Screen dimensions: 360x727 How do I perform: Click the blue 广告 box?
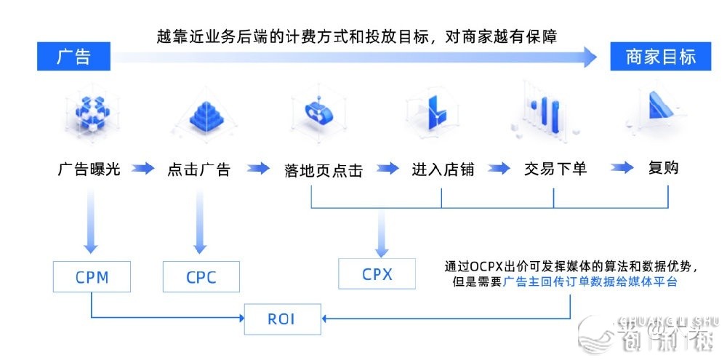coord(73,57)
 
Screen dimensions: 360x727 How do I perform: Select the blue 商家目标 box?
coord(660,57)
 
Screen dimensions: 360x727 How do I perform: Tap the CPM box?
coord(92,276)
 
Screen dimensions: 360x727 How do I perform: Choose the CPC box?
coord(201,277)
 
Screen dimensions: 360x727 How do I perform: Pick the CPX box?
coord(377,274)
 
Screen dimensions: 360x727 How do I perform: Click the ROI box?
coord(281,318)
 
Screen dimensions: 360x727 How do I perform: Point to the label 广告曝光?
coord(89,169)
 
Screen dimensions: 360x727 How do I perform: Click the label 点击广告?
coord(198,169)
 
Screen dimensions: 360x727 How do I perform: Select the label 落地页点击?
coord(324,170)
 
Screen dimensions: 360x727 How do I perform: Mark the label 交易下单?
coord(555,169)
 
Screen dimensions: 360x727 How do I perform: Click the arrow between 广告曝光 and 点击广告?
coord(143,169)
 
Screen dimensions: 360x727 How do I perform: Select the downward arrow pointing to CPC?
coord(199,223)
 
